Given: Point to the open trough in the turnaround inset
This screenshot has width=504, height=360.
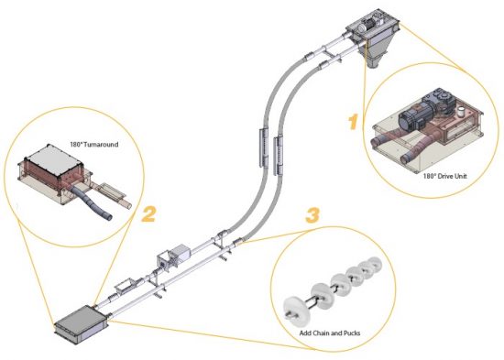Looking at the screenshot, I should (115, 191).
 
